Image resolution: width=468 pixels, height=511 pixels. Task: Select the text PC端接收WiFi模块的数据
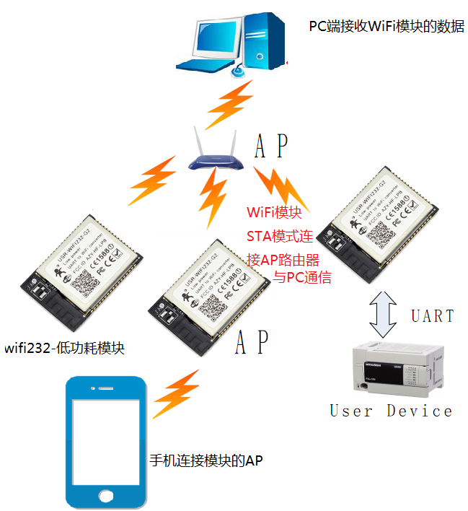[x=387, y=27]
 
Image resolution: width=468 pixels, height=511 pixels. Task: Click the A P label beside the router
[x=272, y=147]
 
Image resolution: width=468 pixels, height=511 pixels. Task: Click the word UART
[x=433, y=315]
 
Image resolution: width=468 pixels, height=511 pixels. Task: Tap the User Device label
[x=392, y=411]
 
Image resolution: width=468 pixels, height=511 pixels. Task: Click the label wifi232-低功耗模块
[x=64, y=348]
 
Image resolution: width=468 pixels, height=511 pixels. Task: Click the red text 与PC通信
[x=302, y=276]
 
